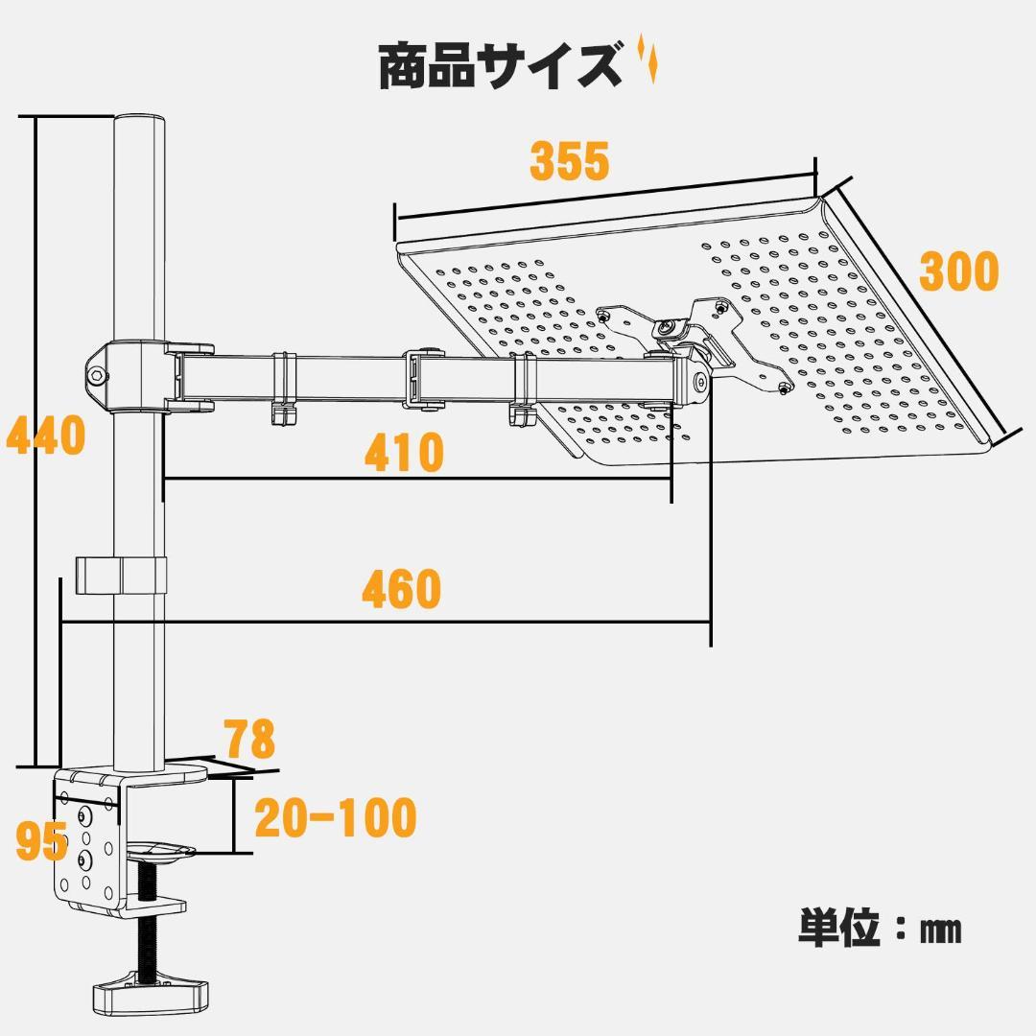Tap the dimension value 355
pos(570,161)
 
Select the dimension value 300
pos(958,272)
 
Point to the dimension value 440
pos(45,436)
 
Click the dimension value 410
pos(404,453)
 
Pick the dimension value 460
pos(401,590)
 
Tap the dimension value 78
pos(249,740)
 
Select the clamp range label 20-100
pos(335,818)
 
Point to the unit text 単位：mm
pos(879,929)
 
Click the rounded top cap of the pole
pos(140,125)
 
